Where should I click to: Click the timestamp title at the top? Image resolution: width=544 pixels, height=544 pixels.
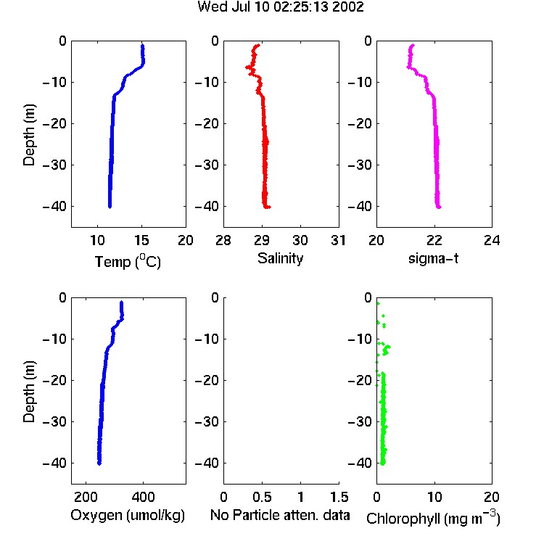[281, 7]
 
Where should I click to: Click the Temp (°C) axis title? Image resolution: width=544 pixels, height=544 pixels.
[128, 261]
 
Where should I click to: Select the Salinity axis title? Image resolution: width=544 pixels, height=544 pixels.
[280, 259]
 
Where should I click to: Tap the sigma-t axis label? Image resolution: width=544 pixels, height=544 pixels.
[433, 258]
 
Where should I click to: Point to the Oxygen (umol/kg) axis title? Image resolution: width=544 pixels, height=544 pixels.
[128, 516]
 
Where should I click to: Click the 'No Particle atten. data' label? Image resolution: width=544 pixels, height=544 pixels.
[280, 515]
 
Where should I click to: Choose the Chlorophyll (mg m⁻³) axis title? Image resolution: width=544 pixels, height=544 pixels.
[433, 518]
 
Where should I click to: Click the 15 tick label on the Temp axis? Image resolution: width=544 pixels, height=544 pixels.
[141, 240]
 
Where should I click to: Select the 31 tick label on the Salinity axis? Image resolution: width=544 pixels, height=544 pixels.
[338, 240]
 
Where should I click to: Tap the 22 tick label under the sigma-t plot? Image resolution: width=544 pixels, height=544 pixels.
[434, 240]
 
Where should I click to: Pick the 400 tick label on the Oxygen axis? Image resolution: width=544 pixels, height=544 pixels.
[143, 498]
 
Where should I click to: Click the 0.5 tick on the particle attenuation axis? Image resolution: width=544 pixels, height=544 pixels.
[262, 498]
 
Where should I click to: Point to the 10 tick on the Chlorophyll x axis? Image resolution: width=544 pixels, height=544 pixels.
[434, 498]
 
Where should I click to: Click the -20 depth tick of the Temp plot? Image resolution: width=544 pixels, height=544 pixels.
[54, 123]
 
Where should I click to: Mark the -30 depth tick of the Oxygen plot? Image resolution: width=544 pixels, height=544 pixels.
[54, 421]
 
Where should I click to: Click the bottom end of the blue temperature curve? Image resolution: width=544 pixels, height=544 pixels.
[110, 207]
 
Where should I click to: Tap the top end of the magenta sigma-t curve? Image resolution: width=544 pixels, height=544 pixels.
[413, 45]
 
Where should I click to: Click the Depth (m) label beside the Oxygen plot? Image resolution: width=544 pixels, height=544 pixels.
[29, 392]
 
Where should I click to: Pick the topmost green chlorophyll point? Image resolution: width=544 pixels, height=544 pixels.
[378, 304]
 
